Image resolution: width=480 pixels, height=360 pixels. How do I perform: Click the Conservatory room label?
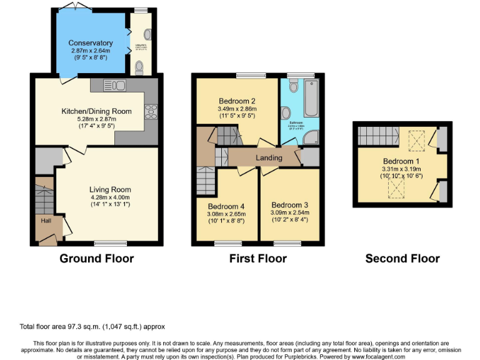point(91,43)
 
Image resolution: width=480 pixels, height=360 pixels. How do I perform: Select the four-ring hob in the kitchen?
point(151,111)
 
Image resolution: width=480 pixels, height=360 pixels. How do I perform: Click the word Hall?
point(46,221)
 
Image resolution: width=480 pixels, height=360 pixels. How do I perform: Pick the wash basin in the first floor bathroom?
point(286,113)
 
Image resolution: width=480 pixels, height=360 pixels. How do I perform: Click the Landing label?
point(268,158)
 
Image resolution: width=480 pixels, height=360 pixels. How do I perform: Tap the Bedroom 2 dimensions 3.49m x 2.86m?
point(236,109)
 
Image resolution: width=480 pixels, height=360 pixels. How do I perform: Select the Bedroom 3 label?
point(290,205)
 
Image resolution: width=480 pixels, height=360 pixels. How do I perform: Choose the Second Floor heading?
point(402,258)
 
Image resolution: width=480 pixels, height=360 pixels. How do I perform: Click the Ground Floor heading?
point(96,258)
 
